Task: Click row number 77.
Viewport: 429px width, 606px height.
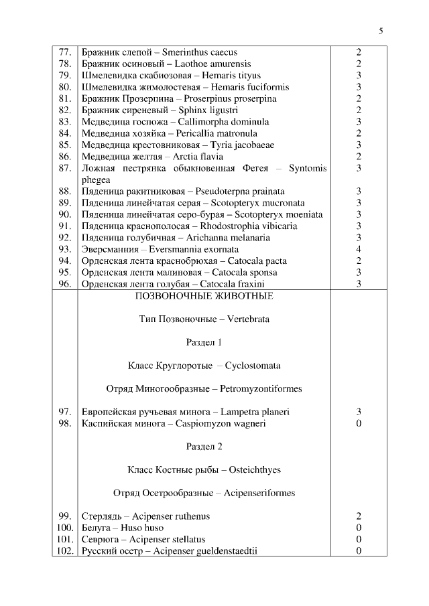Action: pos(65,52)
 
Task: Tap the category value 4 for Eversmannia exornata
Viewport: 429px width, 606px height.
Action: pos(359,249)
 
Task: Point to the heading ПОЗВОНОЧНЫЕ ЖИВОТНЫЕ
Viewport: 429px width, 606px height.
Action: pos(204,296)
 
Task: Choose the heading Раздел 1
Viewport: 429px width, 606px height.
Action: pos(204,342)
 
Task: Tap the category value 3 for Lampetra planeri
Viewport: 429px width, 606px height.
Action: pos(359,412)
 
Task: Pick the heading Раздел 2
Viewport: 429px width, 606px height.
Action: pos(204,447)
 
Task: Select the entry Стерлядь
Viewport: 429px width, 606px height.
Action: pos(101,516)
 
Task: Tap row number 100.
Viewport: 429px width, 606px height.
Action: pos(64,528)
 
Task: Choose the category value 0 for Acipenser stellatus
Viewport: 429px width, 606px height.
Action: pos(359,540)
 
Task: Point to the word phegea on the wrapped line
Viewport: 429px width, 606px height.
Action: pos(97,179)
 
